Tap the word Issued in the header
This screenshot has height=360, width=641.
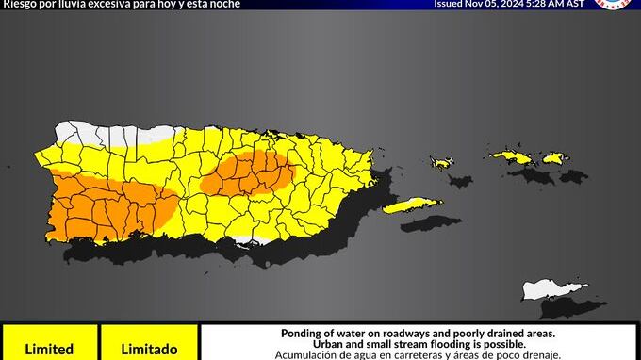pos(450,4)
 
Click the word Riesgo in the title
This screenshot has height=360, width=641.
pos(17,4)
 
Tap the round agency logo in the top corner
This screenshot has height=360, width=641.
pos(613,4)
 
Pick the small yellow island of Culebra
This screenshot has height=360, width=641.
pos(441,163)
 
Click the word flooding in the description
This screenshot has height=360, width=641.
pos(431,345)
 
